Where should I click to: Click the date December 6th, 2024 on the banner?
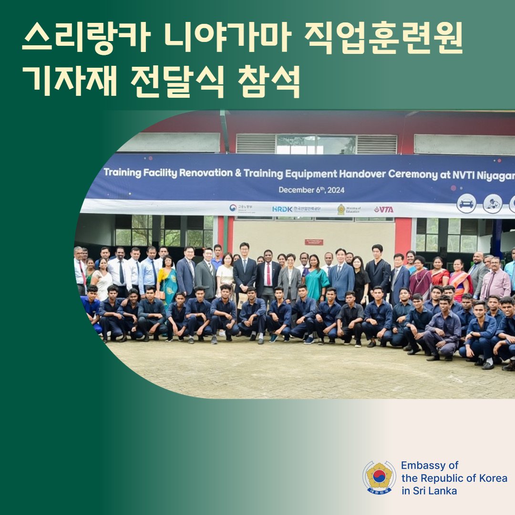pos(311,190)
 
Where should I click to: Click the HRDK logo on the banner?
pos(282,209)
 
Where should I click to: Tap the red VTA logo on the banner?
pos(384,209)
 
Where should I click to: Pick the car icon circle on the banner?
pos(466,203)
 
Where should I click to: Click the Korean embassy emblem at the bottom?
pos(379,477)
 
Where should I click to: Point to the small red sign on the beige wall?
pos(314,242)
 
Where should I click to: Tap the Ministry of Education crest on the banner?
pos(341,209)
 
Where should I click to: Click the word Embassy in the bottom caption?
pos(423,465)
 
